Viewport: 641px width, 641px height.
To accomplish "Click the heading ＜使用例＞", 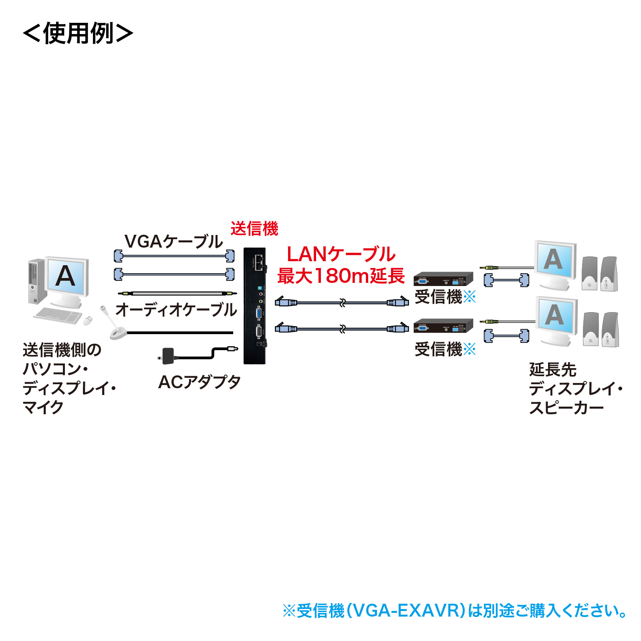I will pos(78,33).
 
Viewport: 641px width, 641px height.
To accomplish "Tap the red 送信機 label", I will pos(254,229).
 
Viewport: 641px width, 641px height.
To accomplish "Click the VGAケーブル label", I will pos(173,242).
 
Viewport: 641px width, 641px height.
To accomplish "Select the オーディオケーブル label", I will pos(176,310).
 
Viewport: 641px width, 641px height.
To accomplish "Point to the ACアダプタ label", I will pos(199,382).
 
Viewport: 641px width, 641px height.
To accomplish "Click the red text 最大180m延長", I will pos(341,276).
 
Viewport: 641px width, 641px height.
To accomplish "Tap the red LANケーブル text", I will pos(341,254).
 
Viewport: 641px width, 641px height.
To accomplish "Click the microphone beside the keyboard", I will pos(114,325).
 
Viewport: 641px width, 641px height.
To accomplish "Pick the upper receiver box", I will pos(443,279).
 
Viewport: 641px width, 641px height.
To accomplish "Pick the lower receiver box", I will pos(443,326).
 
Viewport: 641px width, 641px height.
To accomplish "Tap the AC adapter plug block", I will pos(167,355).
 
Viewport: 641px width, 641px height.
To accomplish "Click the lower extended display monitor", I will pos(556,318).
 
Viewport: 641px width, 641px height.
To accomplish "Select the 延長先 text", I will pos(552,369).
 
